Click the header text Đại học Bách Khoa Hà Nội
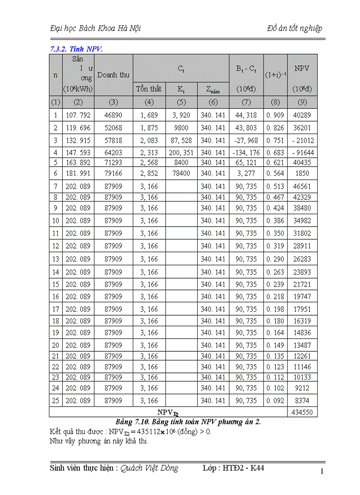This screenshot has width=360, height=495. [96, 29]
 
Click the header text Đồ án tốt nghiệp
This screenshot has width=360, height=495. [294, 29]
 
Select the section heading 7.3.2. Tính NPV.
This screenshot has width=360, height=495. [76, 49]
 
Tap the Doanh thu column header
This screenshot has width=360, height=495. [113, 75]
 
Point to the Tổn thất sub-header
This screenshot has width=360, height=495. [149, 89]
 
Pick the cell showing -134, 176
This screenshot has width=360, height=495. [246, 153]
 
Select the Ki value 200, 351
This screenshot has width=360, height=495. [181, 153]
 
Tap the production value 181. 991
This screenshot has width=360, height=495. [78, 173]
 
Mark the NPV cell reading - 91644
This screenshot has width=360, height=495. [302, 153]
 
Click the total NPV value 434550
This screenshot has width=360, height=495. [302, 412]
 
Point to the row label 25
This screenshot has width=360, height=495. [56, 401]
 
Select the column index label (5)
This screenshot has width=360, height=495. [181, 103]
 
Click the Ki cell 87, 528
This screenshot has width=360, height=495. [181, 141]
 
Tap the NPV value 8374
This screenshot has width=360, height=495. [302, 401]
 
